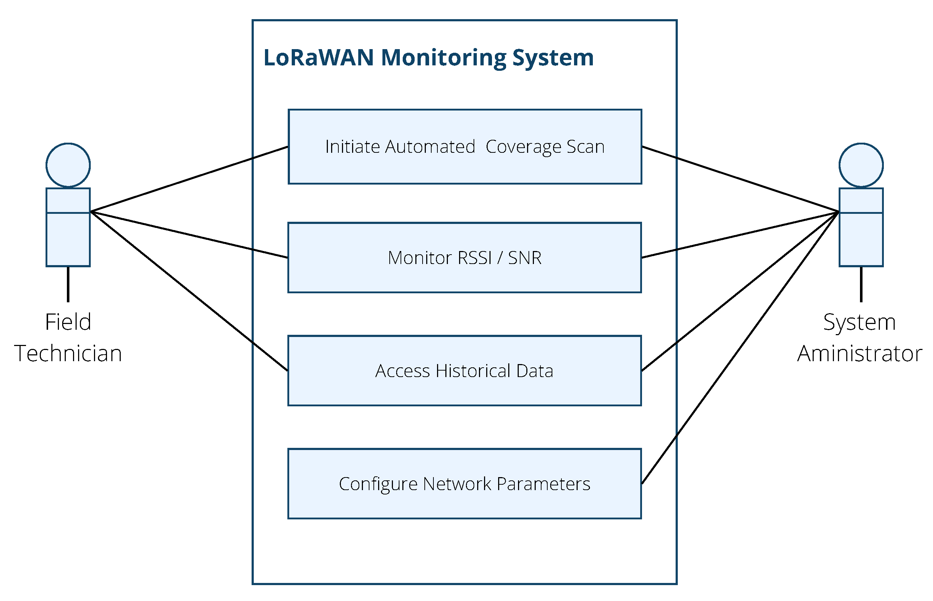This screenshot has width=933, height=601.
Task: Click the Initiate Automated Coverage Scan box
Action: tap(465, 147)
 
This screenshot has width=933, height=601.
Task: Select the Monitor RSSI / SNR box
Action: tap(465, 258)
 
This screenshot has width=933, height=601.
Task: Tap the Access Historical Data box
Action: tap(465, 371)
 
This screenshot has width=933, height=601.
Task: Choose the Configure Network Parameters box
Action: tap(465, 484)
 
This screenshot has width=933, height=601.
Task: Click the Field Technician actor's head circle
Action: tap(68, 165)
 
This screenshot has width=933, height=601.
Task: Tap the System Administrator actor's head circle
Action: tap(861, 165)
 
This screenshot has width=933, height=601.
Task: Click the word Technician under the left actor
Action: tap(68, 354)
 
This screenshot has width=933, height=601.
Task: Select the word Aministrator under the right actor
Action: tap(860, 354)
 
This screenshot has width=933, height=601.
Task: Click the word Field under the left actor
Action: tap(68, 322)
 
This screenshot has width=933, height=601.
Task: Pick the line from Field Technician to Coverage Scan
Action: tap(189, 179)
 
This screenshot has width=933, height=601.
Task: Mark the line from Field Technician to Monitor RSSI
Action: tap(189, 234)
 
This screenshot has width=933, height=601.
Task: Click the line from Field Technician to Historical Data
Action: tap(189, 291)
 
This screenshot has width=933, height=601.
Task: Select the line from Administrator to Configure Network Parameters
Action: tap(740, 348)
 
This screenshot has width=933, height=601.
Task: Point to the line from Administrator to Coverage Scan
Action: tap(740, 180)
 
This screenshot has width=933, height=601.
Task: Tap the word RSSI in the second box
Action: tap(474, 258)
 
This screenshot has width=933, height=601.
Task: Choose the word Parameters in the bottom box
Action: tap(543, 484)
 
